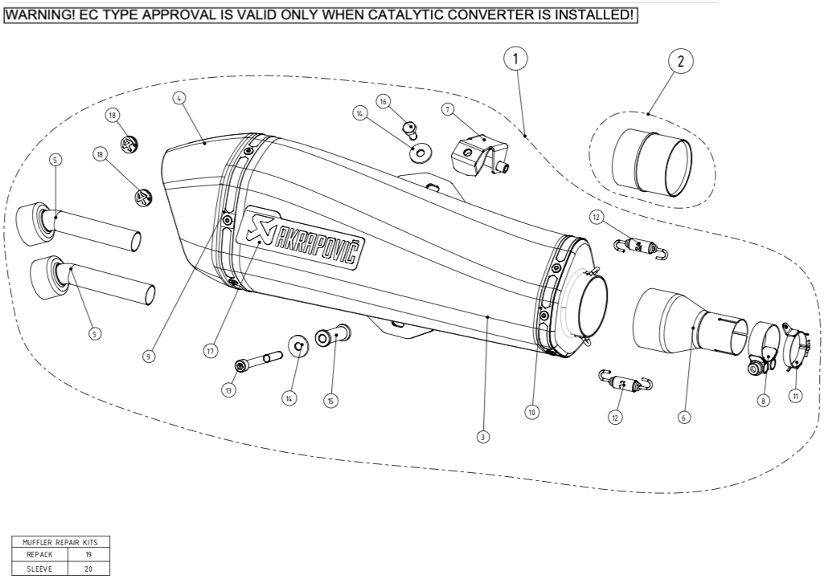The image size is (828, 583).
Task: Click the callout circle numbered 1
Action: click(515, 58)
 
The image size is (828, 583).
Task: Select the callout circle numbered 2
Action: click(680, 60)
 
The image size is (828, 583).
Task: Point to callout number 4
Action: click(179, 98)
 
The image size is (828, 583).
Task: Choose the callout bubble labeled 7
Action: click(447, 108)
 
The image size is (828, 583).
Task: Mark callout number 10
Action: click(531, 411)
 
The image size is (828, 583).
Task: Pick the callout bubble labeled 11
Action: click(795, 396)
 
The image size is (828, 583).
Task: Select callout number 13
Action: click(229, 389)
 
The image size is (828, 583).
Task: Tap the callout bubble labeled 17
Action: click(211, 350)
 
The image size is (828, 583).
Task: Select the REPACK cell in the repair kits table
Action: click(39, 554)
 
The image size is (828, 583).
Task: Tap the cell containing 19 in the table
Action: click(87, 554)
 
